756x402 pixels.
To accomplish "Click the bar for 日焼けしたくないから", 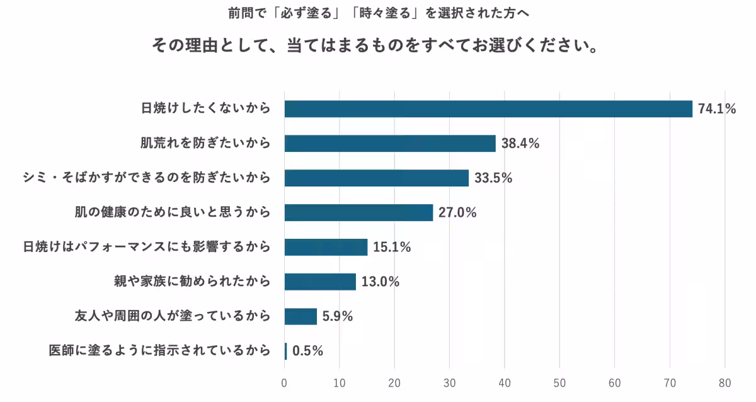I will pos(488,109).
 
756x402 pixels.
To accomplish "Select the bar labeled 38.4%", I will pos(390,144).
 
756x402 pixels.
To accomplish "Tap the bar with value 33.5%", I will pos(376,178).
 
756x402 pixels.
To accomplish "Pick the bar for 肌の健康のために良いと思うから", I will pos(358,212).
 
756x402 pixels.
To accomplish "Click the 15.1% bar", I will pos(326,247).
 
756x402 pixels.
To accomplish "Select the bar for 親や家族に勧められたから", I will pos(320,282).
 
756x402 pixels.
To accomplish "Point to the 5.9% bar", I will pos(301,316).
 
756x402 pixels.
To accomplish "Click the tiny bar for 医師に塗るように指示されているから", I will pos(285,351).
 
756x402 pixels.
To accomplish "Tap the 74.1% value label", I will pos(717,109).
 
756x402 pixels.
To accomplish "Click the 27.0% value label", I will pos(457,212).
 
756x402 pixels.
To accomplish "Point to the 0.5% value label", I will pos(308,351).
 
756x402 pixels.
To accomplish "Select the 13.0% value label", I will pos(381,282).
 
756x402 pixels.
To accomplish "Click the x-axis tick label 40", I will pos(505,382).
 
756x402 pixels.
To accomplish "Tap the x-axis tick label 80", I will pos(724,382).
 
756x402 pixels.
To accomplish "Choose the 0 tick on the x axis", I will pos(285,382).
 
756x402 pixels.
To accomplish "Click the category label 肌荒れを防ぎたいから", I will pos(205,144).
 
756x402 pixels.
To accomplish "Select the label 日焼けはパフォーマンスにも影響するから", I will pos(146,247).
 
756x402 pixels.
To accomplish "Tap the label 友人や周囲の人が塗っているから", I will pos(172,316).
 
